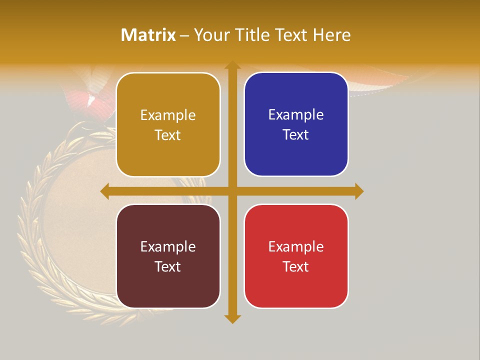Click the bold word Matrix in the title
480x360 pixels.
click(148, 35)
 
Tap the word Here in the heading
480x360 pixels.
click(332, 35)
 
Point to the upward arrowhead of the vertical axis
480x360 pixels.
click(232, 65)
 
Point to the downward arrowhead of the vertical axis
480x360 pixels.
click(232, 318)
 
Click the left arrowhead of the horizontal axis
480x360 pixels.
click(104, 191)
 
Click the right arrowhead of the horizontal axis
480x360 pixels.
click(359, 191)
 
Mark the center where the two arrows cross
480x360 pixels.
click(232, 191)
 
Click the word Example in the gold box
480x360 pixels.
click(168, 115)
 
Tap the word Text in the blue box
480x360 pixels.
click(296, 135)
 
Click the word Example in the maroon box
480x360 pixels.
click(168, 247)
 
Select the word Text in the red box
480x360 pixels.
click(296, 267)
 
